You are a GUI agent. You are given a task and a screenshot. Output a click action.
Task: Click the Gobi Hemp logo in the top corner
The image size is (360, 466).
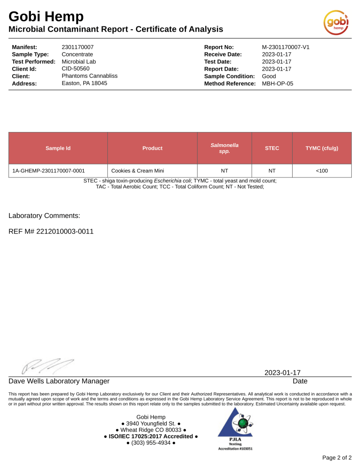[x=336, y=21]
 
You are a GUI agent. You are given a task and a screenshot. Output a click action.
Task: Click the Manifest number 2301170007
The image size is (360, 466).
[x=77, y=47]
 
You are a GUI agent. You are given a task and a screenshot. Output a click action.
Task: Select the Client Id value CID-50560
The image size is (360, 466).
[x=76, y=69]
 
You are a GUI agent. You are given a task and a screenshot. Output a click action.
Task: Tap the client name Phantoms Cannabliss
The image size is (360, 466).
[x=89, y=76]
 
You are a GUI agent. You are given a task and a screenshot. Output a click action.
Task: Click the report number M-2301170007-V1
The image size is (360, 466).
[x=286, y=47]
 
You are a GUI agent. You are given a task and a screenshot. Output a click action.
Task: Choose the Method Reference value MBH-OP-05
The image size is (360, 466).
[x=278, y=83]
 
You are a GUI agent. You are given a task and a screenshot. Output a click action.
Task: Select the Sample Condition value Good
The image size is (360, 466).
[x=269, y=76]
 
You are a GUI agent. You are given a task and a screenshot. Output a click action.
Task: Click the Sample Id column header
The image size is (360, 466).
[x=58, y=148]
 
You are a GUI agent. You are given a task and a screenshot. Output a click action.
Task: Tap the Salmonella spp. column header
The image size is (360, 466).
[x=224, y=148]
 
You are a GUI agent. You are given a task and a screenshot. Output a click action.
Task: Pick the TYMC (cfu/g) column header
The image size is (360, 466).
[x=322, y=148]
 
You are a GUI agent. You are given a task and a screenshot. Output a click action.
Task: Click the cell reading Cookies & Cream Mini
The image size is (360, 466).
[x=138, y=171]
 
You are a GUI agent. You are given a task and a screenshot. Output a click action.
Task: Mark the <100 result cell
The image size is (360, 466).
[x=322, y=171]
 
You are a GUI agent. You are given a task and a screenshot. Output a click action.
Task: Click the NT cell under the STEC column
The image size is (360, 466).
[x=272, y=171]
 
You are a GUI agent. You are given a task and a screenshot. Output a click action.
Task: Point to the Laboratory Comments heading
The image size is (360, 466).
[x=45, y=215]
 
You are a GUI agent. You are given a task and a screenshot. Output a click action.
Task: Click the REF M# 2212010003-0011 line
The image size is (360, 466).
[x=51, y=231]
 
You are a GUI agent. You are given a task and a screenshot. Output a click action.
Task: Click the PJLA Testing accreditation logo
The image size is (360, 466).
[x=235, y=428]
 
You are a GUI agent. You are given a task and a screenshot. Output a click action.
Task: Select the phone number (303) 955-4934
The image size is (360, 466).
[x=151, y=443]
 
